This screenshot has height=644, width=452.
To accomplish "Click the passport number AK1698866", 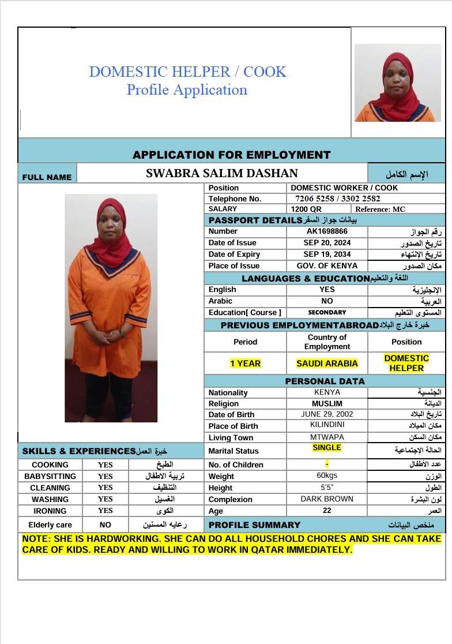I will tap(327, 231).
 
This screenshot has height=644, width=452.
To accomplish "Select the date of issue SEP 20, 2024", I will tap(327, 243).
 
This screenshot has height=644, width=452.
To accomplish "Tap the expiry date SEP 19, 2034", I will tap(327, 254).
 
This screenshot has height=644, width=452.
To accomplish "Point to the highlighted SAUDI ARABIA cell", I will tap(327, 364).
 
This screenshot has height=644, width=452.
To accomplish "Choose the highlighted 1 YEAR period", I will tap(245, 364).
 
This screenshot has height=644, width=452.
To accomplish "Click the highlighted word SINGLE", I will tap(327, 448).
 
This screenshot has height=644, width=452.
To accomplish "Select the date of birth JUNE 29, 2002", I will tap(327, 414).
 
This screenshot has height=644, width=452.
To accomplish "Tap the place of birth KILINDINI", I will tap(327, 425).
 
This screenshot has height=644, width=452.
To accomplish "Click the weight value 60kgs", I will tap(327, 475).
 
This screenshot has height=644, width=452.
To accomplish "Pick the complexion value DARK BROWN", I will tap(327, 499).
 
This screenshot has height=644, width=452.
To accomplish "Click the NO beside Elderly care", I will tap(106, 525).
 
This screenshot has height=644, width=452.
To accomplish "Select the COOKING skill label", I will tap(50, 465).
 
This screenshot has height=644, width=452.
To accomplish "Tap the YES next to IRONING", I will tap(106, 511).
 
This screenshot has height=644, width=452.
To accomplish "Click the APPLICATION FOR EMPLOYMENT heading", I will tap(232, 155).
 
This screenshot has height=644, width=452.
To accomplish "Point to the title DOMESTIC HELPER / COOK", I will tap(187, 72).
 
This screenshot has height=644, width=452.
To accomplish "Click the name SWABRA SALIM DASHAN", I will tap(222, 173).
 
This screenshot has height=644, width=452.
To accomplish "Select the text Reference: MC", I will tap(381, 209).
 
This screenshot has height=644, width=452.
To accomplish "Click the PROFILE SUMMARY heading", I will tap(254, 525).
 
